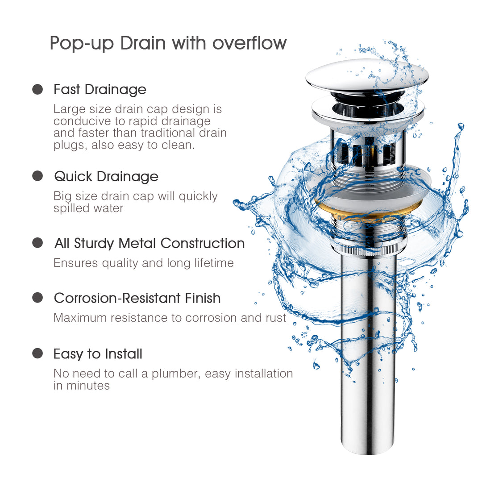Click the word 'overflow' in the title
tap(249, 43)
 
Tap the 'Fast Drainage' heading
tap(100, 89)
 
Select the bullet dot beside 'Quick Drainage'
tap(38, 176)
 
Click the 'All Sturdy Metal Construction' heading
tap(150, 243)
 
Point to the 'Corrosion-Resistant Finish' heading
tap(137, 298)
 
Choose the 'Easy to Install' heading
tap(98, 354)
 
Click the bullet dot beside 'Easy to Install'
tap(38, 353)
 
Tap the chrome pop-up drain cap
tap(367, 77)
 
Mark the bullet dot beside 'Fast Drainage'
tap(38, 89)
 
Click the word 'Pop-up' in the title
tap(76, 43)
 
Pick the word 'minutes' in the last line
tap(88, 386)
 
